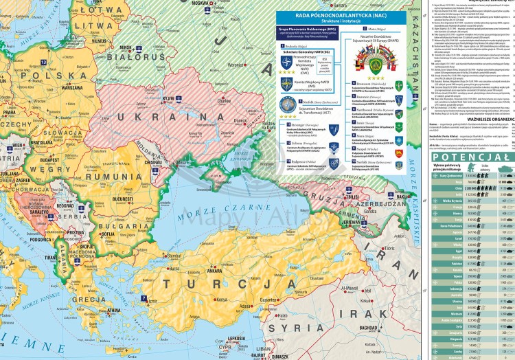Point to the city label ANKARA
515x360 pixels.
(x=215, y=269)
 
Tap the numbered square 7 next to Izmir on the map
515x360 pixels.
(x=143, y=298)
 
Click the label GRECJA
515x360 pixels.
(x=84, y=300)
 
